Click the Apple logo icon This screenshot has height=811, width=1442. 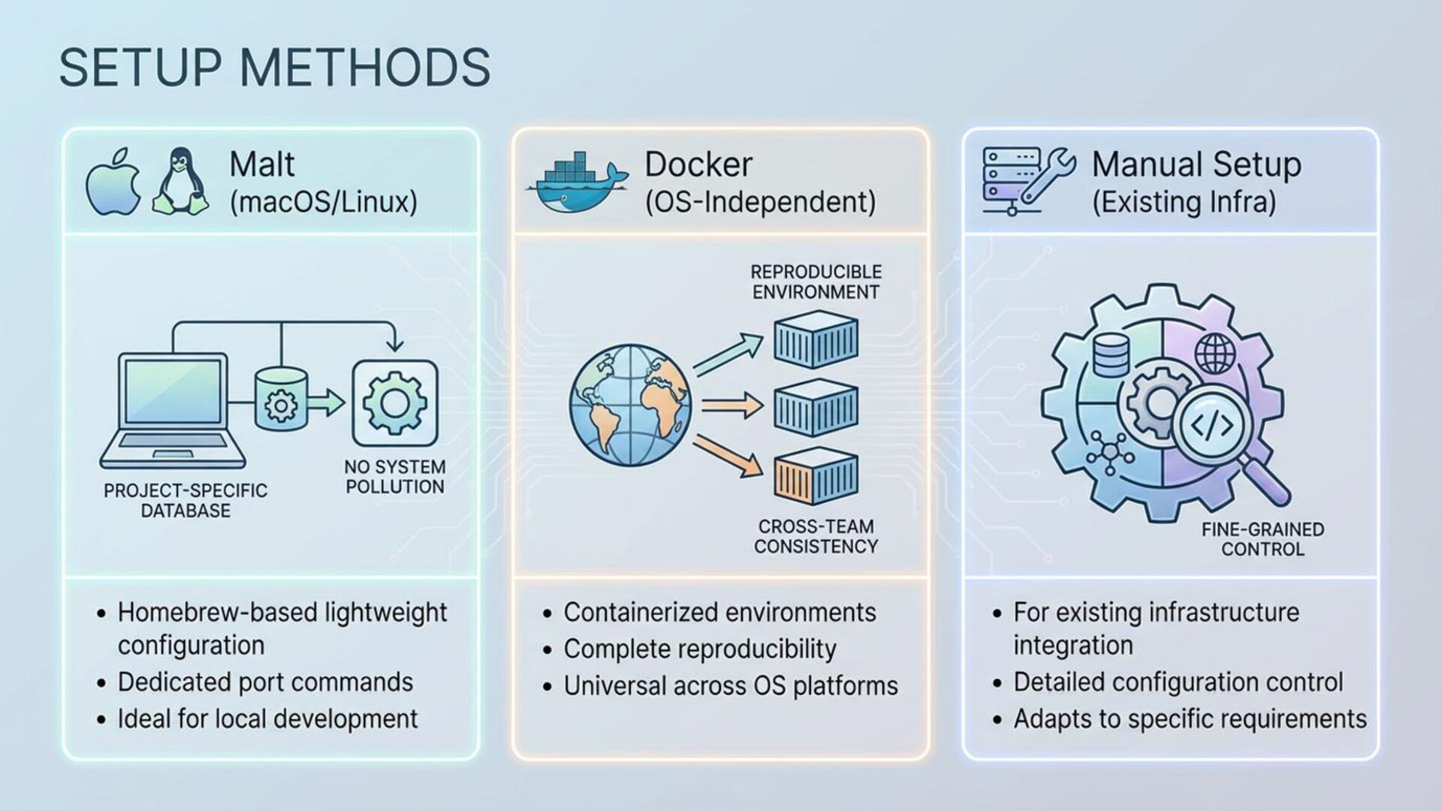(113, 182)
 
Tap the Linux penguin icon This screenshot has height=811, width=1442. (180, 182)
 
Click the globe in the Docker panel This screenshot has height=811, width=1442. (630, 405)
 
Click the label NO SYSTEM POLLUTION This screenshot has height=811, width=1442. (395, 477)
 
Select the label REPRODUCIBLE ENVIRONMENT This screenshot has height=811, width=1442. (816, 282)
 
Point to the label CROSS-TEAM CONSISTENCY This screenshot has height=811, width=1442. (816, 536)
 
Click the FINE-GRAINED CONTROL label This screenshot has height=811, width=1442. (1263, 539)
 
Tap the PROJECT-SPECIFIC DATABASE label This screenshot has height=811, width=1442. (186, 501)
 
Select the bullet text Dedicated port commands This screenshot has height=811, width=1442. (265, 682)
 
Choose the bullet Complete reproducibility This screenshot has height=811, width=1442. (699, 649)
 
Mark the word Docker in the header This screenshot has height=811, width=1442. (698, 164)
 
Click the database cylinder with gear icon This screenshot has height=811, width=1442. (281, 399)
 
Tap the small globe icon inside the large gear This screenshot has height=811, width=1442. (1214, 353)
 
